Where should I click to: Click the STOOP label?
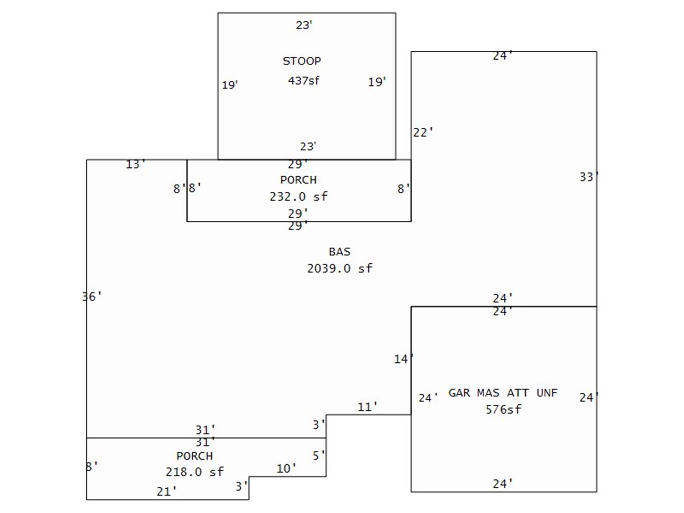coord(302,61)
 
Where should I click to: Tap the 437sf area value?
coord(304,81)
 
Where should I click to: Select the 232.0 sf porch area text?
coord(298,197)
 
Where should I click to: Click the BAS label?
coord(339,252)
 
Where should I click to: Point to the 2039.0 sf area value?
coord(340,268)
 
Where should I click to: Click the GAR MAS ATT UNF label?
coord(503,393)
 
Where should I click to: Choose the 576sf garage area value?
coord(503,409)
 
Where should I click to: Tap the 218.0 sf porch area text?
coord(194,472)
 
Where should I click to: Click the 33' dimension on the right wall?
coord(589,177)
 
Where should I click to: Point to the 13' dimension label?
coord(135,164)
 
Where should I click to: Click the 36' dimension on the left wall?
coord(92,297)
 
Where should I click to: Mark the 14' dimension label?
coord(403,359)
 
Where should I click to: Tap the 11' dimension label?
coord(367,407)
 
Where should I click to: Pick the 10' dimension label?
coord(286,469)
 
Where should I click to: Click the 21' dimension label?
coord(166,492)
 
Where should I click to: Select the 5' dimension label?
coord(318,456)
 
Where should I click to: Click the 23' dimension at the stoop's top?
coord(304,25)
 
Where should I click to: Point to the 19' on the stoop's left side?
coord(230,85)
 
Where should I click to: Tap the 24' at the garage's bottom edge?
coord(503,484)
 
